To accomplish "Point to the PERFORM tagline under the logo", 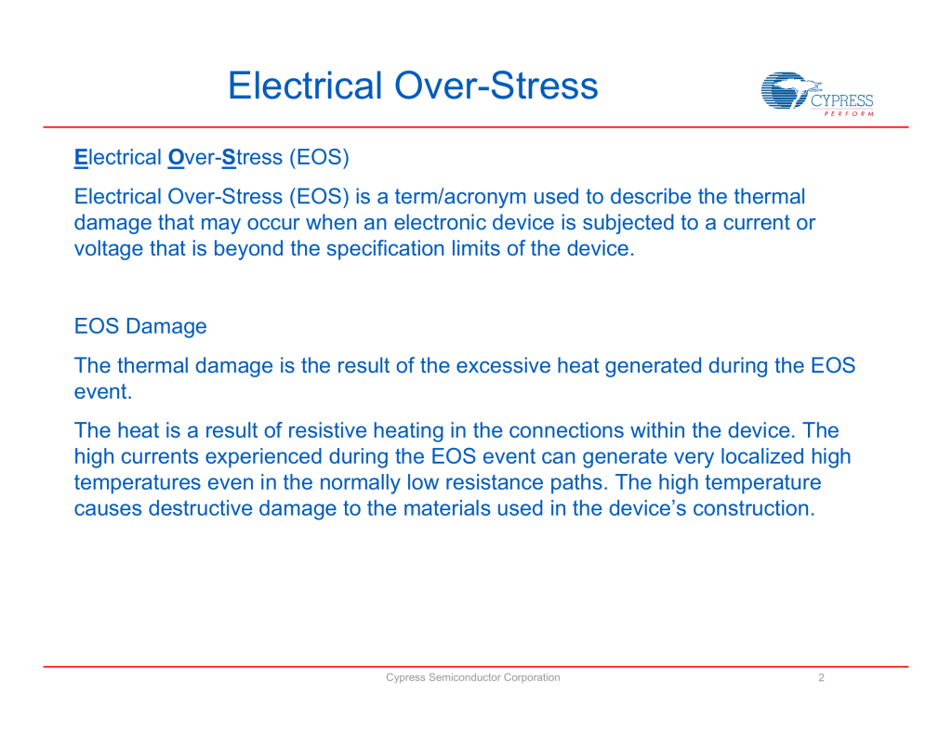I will point(849,114).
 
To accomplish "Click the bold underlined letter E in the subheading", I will point(80,158).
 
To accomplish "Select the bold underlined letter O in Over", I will point(175,158).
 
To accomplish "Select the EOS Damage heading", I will point(140,327).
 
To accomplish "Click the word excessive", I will point(502,366).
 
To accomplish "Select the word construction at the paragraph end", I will point(753,509).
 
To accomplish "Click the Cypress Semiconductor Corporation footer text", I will point(473,677).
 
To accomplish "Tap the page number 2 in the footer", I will point(821,677).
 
